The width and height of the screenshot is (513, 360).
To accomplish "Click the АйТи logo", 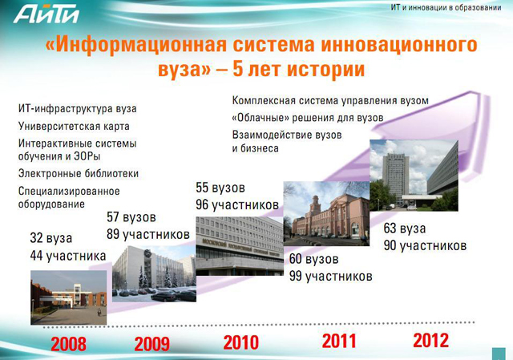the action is coord(46,14).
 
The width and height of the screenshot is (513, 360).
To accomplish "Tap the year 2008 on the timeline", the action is coord(69,344).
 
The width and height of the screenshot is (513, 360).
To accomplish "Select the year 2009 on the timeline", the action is coord(152,344).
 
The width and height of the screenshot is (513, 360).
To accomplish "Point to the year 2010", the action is coord(241,342).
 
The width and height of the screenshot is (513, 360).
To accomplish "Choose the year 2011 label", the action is coord(339,341).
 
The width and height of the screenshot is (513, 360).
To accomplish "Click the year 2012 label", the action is coord(431,340).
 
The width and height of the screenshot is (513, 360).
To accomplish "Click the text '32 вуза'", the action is coord(51,238).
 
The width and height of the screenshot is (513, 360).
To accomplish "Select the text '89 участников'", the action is coord(148,234).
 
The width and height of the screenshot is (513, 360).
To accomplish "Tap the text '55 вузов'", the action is coord(220,188).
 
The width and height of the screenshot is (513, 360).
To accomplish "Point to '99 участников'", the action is coord(331,277).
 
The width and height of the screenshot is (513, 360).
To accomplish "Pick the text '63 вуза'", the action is coord(405,229).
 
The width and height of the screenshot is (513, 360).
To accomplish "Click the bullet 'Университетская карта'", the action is coord(74,127).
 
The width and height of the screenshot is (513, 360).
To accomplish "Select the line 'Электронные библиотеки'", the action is coord(79,173).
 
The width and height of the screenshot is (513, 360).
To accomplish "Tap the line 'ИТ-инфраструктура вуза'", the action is coord(77,109).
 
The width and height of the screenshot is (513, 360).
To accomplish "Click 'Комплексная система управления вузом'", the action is coord(330,100).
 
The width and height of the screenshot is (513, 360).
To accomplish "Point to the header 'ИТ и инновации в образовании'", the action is coord(446,7).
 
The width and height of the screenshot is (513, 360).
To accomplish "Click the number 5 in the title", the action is coord(238,69).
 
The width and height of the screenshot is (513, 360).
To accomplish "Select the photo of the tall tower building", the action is coord(414,176).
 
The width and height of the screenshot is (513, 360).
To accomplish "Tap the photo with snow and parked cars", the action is coord(154,273).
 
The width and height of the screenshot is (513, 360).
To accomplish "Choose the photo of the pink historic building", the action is coord(326,213).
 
